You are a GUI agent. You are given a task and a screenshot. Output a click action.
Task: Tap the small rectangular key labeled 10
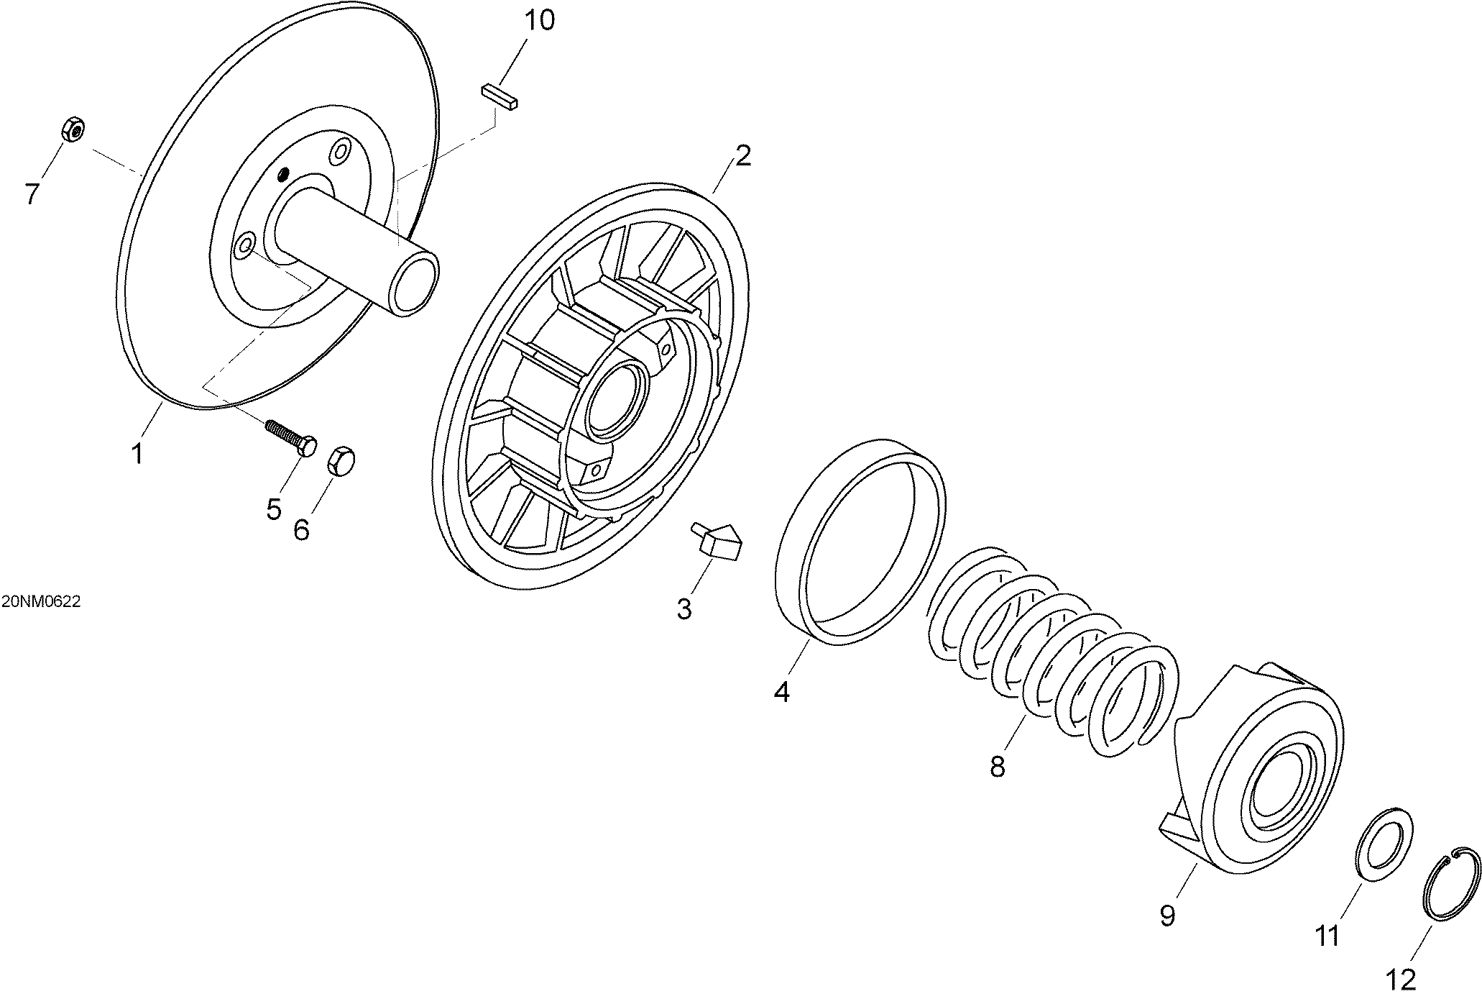pyautogui.click(x=500, y=96)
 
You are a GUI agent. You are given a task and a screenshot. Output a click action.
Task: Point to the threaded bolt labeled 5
pyautogui.click(x=291, y=437)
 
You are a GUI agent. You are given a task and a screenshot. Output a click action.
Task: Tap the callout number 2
pyautogui.click(x=742, y=155)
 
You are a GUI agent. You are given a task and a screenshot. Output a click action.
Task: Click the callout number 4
pyautogui.click(x=782, y=692)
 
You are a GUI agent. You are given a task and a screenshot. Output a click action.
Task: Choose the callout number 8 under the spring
pyautogui.click(x=997, y=767)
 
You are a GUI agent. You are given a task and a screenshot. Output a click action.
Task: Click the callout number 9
pyautogui.click(x=1167, y=916)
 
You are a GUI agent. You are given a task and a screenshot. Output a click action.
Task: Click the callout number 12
pyautogui.click(x=1401, y=980)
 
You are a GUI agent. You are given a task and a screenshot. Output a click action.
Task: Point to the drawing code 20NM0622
pyautogui.click(x=40, y=603)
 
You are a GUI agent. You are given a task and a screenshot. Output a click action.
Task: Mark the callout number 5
pyautogui.click(x=274, y=510)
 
